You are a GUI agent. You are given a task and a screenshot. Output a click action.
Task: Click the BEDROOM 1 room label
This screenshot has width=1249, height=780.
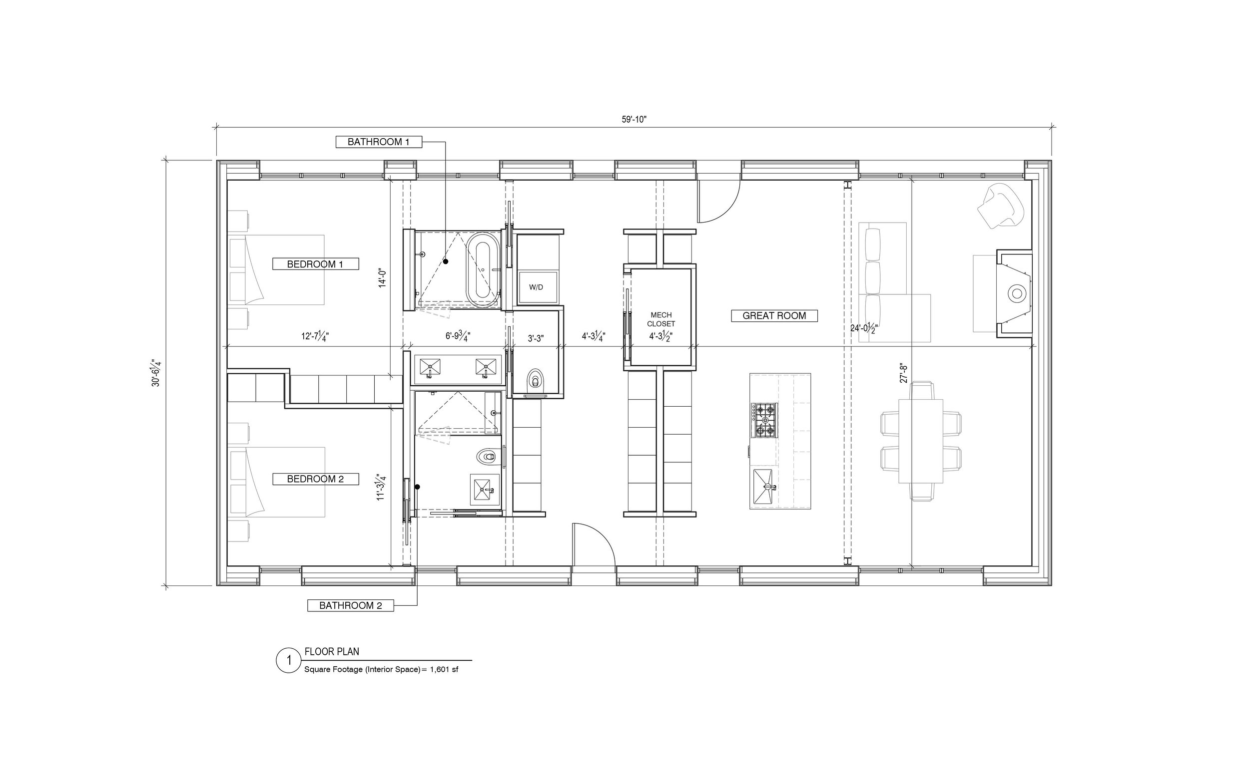tap(315, 264)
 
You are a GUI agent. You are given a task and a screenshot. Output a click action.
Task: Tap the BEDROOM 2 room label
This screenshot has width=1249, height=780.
tap(315, 479)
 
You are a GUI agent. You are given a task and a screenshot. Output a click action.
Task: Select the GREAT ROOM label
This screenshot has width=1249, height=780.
tap(774, 316)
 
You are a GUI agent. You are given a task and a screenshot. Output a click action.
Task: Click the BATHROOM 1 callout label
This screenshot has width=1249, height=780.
tap(379, 142)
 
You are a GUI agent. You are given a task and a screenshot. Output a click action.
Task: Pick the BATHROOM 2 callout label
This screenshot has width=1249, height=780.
tap(351, 605)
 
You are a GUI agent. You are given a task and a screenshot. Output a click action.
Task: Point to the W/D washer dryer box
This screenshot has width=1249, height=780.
tap(538, 287)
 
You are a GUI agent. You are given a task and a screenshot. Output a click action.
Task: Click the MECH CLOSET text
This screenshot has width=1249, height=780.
tap(661, 319)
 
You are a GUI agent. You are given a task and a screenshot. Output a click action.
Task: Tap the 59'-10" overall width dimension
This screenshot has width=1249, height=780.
tap(634, 119)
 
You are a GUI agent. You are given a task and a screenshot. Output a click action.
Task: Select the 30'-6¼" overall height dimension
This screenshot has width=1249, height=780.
tap(156, 373)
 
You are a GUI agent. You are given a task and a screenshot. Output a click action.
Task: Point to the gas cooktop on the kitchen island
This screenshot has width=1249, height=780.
tap(764, 420)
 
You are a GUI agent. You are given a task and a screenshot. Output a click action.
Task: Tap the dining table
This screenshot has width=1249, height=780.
tap(921, 441)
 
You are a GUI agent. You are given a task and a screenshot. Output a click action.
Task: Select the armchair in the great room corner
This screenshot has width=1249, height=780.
tap(1001, 206)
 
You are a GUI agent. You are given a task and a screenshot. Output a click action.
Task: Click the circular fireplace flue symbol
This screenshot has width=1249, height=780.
tap(1017, 293)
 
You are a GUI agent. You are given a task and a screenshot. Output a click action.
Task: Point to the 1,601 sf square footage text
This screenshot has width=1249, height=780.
tap(444, 670)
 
